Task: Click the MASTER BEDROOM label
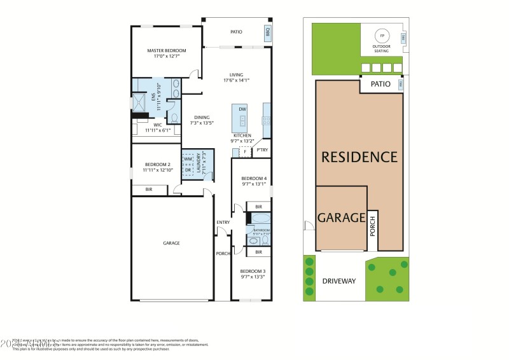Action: [167, 50]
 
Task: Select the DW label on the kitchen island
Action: [242, 110]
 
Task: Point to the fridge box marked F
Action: [244, 151]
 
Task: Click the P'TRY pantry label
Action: [262, 150]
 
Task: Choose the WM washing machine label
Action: [188, 159]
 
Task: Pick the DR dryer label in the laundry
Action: [188, 170]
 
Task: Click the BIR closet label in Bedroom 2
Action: [149, 190]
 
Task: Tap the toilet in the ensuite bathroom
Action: [172, 118]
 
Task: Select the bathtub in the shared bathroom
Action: [261, 218]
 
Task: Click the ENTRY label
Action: [223, 222]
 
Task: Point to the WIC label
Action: [158, 125]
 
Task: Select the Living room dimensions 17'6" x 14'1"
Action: [236, 80]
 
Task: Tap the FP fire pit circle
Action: [382, 35]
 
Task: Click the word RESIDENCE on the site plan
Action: [359, 156]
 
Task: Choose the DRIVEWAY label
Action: [338, 280]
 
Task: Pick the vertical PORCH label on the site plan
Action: [373, 230]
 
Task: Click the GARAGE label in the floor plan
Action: [171, 243]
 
